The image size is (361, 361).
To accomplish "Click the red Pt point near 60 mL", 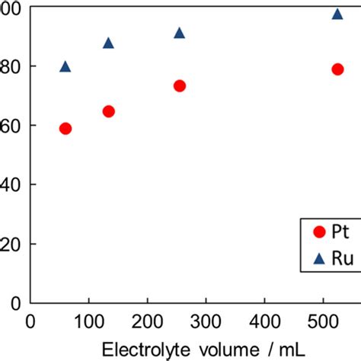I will point(65,128).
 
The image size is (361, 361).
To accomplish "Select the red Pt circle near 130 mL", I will point(108,111).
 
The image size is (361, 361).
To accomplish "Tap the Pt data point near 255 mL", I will point(180,86).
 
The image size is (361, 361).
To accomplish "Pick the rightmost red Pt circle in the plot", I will point(337,69).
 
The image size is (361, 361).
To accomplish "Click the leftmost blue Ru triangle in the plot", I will point(65,67).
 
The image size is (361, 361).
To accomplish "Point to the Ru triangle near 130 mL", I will point(108,43).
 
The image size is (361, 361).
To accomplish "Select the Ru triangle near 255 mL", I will point(180,33).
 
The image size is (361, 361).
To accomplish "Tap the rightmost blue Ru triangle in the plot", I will point(337,14).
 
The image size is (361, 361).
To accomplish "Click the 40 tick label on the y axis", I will point(11,185).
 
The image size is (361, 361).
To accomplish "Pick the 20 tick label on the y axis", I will point(11,244).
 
